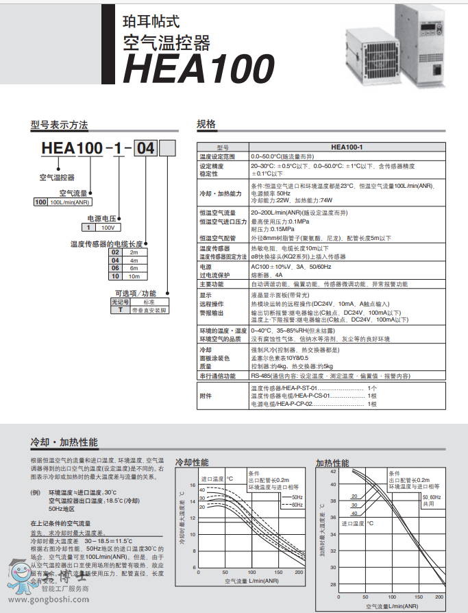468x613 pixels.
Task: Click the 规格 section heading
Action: (206, 124)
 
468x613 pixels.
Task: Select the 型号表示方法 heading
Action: (59, 125)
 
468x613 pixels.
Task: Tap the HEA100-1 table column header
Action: (347, 147)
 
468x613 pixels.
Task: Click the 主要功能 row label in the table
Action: (212, 283)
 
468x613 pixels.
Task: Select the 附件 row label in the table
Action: (206, 396)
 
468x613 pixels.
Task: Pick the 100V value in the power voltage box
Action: (108, 227)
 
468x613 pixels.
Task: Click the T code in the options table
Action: (121, 310)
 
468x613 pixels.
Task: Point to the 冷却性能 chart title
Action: (193, 462)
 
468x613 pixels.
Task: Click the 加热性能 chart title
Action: (332, 462)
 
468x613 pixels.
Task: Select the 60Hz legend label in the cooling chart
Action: (297, 505)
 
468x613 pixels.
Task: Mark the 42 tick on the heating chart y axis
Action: (333, 472)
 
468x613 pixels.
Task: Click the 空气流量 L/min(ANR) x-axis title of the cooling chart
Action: (251, 581)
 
